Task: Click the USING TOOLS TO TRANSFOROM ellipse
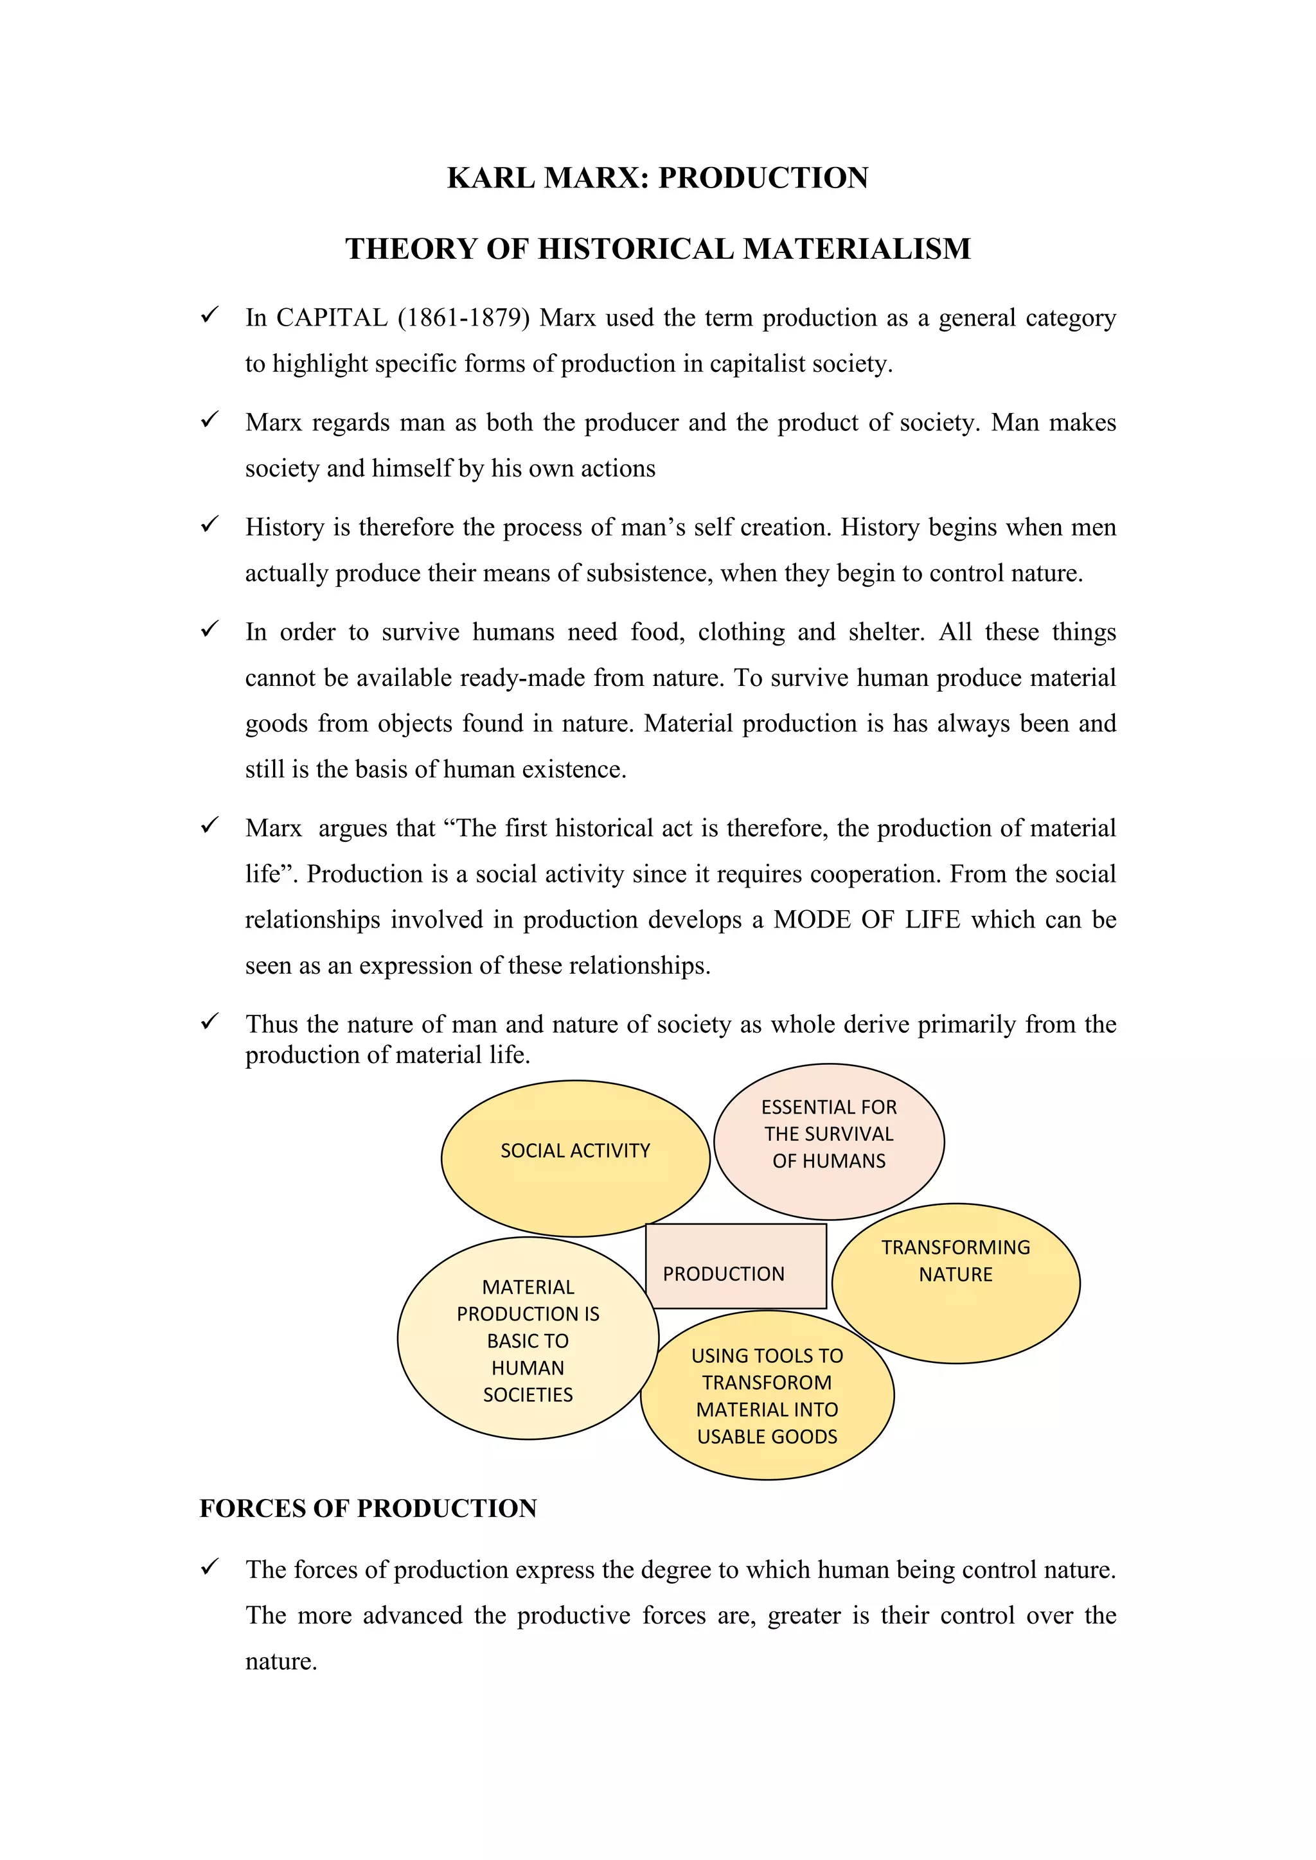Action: [x=767, y=1397]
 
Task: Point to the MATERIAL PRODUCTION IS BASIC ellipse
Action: [x=528, y=1340]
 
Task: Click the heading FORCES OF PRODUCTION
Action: [x=368, y=1509]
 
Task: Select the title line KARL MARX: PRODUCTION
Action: [x=657, y=178]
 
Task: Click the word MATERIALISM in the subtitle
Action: [x=857, y=249]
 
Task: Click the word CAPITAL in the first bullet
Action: [x=332, y=317]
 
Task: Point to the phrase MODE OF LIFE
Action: [x=866, y=920]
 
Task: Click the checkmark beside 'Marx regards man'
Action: [x=210, y=419]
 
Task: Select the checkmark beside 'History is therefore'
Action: [x=210, y=524]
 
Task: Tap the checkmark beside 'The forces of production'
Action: [x=210, y=1566]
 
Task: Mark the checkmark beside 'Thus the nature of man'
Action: [x=210, y=1022]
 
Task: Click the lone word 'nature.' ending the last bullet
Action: [x=280, y=1661]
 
